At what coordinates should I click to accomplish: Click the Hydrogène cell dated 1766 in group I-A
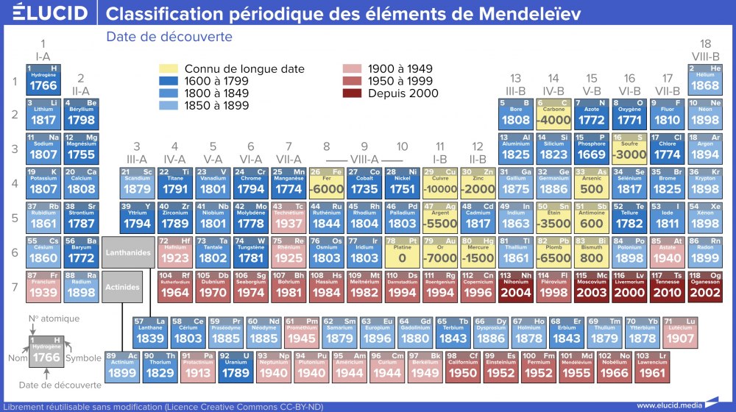tap(43, 79)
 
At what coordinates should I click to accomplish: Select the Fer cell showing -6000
tap(326, 183)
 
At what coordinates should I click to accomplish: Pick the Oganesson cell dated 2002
tap(705, 285)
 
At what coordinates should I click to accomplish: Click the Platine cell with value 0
tap(402, 252)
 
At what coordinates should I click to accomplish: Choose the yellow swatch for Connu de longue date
tap(169, 69)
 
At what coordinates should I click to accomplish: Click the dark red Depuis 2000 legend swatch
tap(352, 93)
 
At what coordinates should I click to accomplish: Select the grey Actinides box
tap(122, 287)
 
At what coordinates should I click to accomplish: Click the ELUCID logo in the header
tap(50, 13)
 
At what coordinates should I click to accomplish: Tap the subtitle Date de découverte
tap(169, 37)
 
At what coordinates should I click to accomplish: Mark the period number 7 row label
tap(13, 285)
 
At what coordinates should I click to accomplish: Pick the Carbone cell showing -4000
tap(554, 113)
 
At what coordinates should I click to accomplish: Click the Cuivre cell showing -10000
tap(440, 183)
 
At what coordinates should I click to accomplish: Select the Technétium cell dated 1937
tap(288, 218)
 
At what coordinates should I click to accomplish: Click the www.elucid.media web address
tap(666, 405)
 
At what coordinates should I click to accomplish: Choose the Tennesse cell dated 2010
tap(667, 285)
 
